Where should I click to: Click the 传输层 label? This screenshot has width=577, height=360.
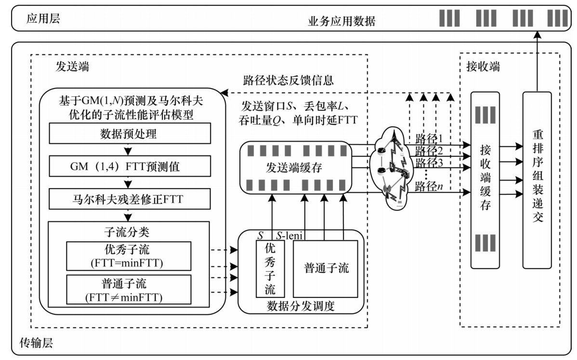[35, 343]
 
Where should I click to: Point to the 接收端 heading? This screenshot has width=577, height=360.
[484, 66]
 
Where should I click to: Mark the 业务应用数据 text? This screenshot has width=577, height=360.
[341, 21]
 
